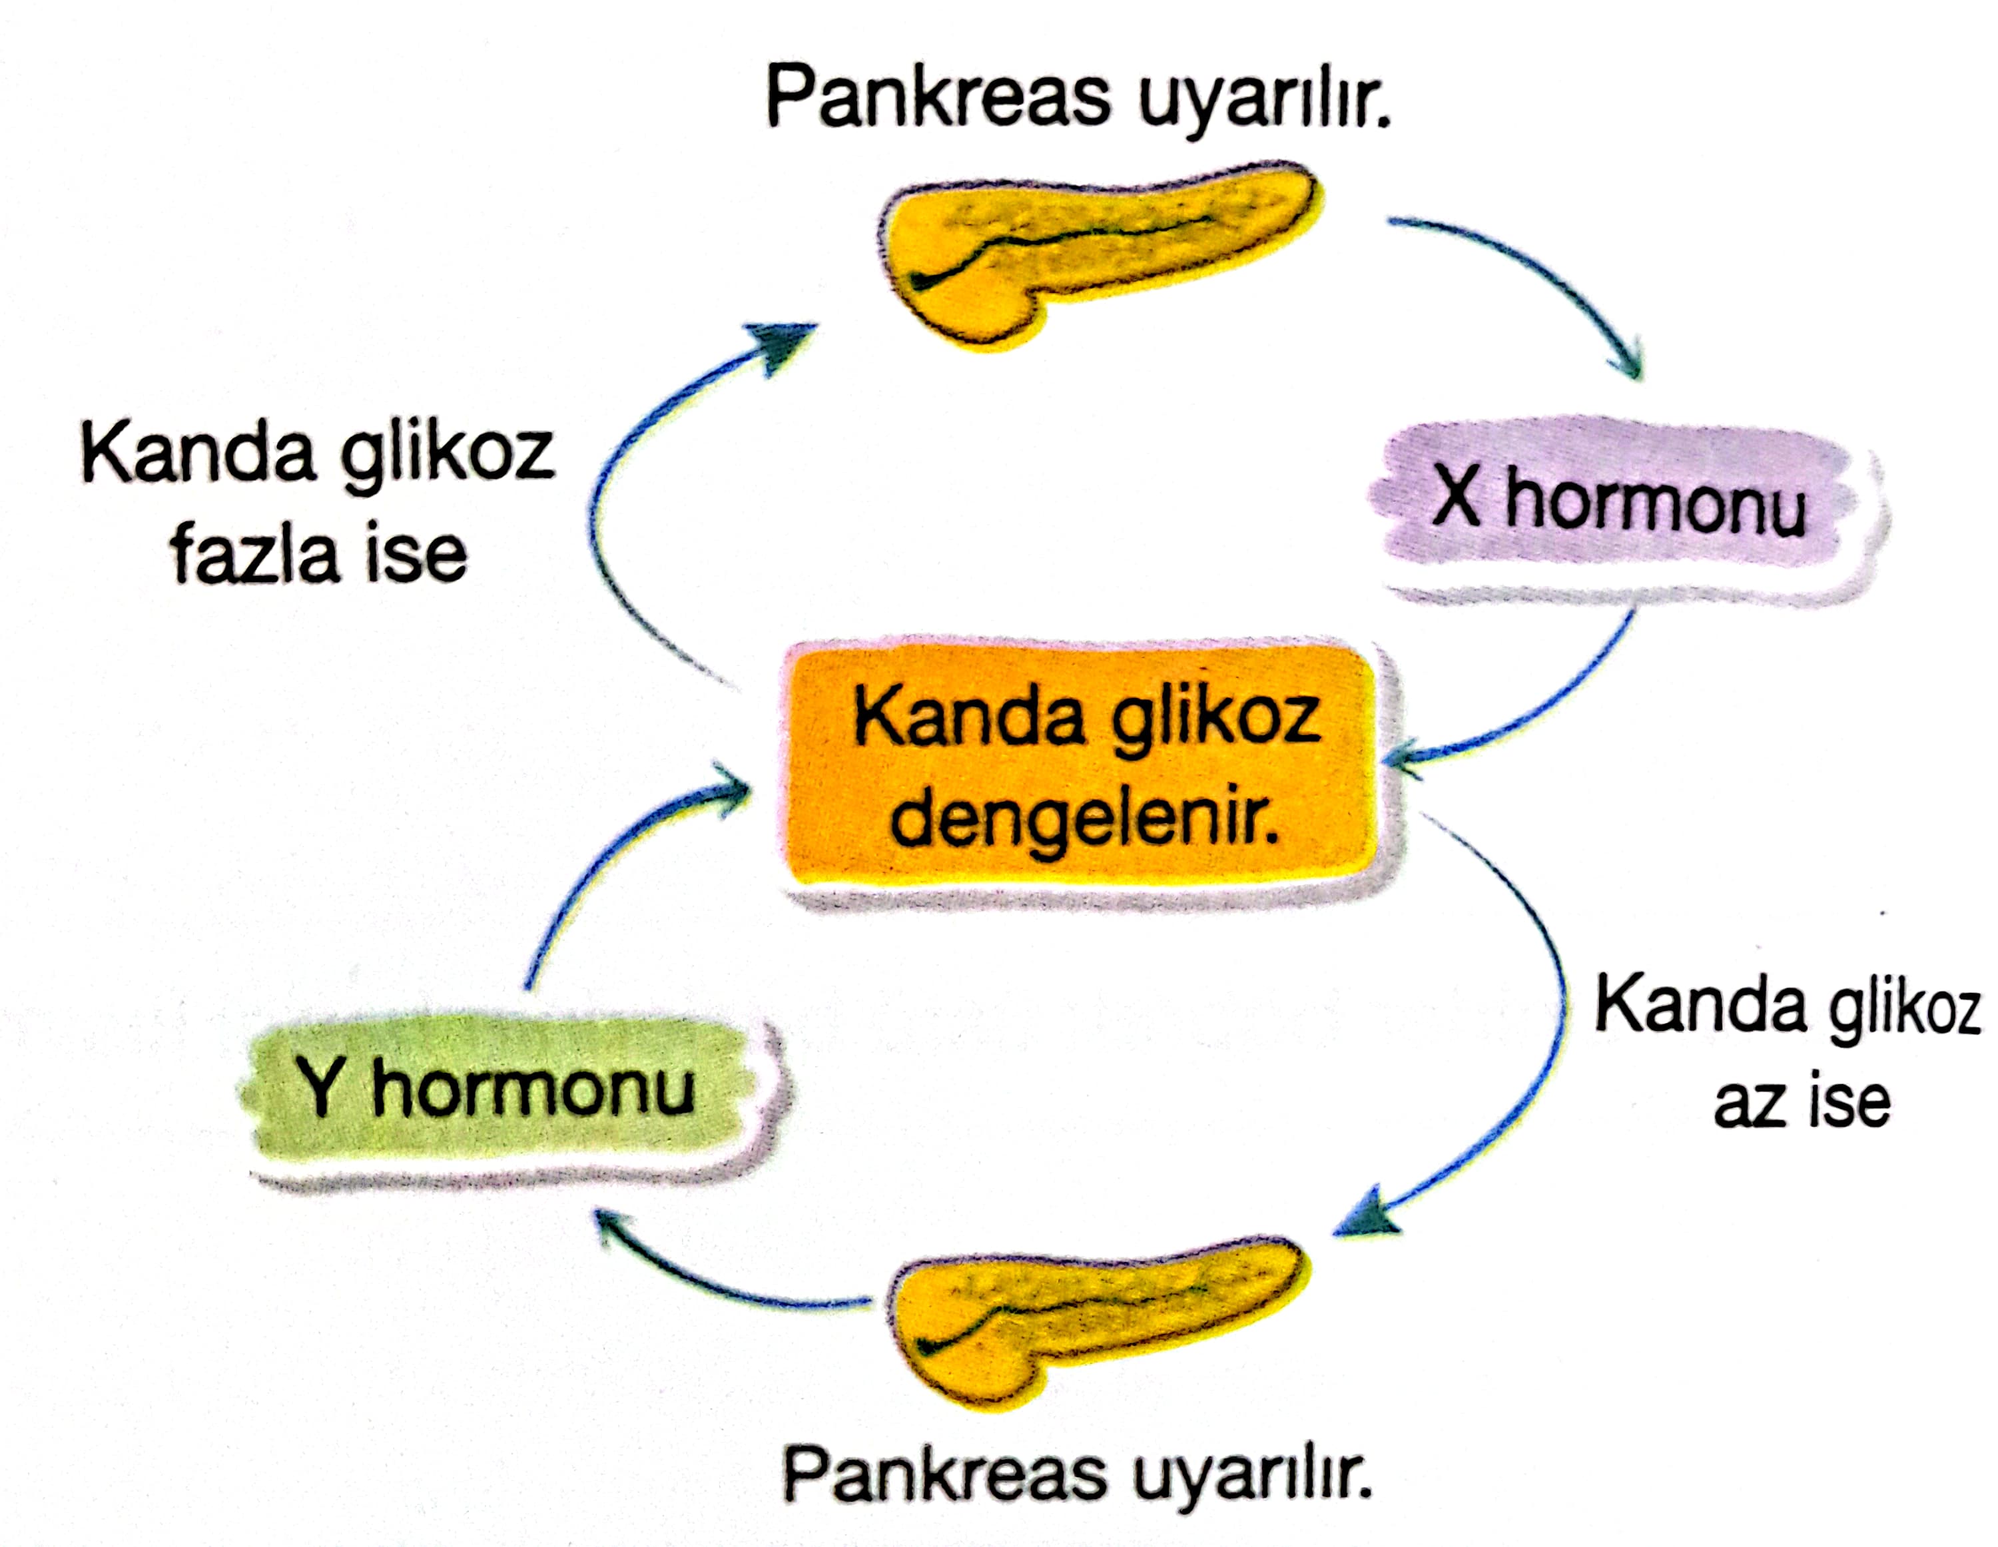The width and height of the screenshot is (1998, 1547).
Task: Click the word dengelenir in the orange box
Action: [1084, 819]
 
